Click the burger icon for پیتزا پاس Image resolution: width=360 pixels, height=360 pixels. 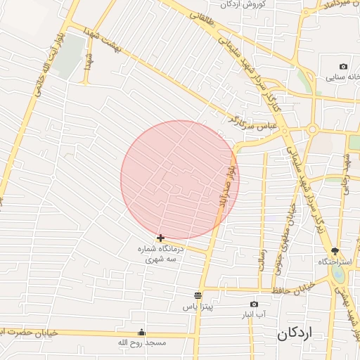198,296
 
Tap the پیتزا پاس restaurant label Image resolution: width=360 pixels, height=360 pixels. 198,307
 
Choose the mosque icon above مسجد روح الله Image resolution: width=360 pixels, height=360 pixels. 142,333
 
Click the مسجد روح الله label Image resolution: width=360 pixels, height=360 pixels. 142,342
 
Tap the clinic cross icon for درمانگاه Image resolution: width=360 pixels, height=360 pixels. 162,238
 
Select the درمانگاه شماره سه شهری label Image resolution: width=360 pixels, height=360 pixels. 162,254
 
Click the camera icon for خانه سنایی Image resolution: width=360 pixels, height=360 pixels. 343,67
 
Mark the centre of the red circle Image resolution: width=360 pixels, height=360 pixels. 180,180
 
